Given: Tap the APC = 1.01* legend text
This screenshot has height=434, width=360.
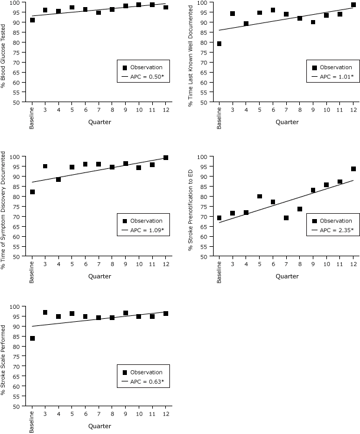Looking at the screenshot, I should pyautogui.click(x=336, y=76).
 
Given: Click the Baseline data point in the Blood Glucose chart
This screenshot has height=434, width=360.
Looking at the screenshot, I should pyautogui.click(x=32, y=20).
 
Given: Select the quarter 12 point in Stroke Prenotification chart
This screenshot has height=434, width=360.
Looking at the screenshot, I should pyautogui.click(x=353, y=169).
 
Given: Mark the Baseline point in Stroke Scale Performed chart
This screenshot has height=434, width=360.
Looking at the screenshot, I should pyautogui.click(x=32, y=338).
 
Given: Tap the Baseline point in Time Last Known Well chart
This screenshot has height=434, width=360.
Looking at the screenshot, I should pyautogui.click(x=219, y=44).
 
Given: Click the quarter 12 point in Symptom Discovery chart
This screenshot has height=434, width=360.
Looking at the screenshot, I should pyautogui.click(x=166, y=158).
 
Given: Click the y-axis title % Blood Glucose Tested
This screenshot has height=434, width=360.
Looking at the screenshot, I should pyautogui.click(x=5, y=51).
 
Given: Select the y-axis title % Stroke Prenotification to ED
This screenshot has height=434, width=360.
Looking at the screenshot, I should pyautogui.click(x=191, y=206).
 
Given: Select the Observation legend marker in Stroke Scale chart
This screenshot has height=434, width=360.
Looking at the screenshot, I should pyautogui.click(x=124, y=372).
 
